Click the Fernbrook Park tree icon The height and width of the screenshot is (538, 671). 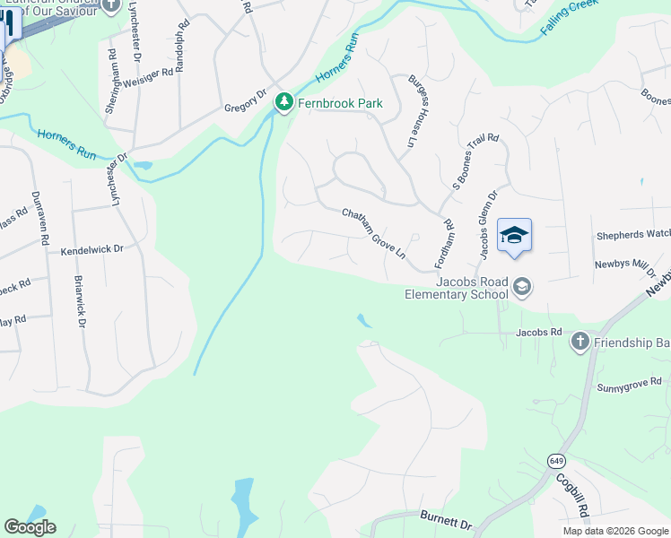pyautogui.click(x=284, y=103)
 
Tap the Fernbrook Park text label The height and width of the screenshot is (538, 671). pyautogui.click(x=342, y=103)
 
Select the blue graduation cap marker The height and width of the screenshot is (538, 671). pyautogui.click(x=514, y=237)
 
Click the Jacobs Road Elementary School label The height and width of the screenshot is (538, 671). pyautogui.click(x=454, y=287)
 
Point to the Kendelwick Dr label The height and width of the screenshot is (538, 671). pyautogui.click(x=91, y=251)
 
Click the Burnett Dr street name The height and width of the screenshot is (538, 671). pyautogui.click(x=445, y=521)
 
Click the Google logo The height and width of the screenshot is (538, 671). pyautogui.click(x=30, y=526)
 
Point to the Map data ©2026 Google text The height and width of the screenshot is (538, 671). pyautogui.click(x=614, y=531)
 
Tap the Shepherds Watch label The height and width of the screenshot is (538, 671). pyautogui.click(x=632, y=236)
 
